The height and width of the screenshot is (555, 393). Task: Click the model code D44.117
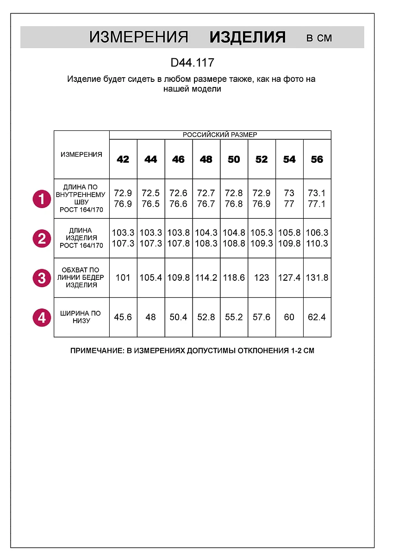192,62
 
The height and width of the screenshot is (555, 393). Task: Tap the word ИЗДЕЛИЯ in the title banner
248,37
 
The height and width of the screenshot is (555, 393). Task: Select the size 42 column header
123,160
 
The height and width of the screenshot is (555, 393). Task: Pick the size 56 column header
317,160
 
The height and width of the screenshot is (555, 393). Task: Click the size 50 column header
234,160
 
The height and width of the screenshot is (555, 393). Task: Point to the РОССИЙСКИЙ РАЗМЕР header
220,135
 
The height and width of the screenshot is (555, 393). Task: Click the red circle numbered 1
42,199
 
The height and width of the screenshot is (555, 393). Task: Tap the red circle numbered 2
42,239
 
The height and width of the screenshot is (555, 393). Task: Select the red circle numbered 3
42,278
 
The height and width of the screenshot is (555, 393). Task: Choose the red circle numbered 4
42,318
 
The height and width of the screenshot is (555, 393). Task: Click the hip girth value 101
123,278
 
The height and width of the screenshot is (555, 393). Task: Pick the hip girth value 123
262,278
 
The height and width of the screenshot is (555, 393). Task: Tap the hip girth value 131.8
317,278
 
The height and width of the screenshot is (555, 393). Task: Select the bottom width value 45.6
123,317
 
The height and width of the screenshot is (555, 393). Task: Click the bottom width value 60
289,317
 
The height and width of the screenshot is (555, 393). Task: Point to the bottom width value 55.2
234,317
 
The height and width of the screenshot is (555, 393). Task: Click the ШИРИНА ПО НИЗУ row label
81,317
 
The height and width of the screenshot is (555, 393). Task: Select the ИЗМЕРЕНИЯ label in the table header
81,154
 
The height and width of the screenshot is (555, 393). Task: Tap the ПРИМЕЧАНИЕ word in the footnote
96,351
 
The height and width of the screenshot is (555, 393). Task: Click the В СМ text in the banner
319,38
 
